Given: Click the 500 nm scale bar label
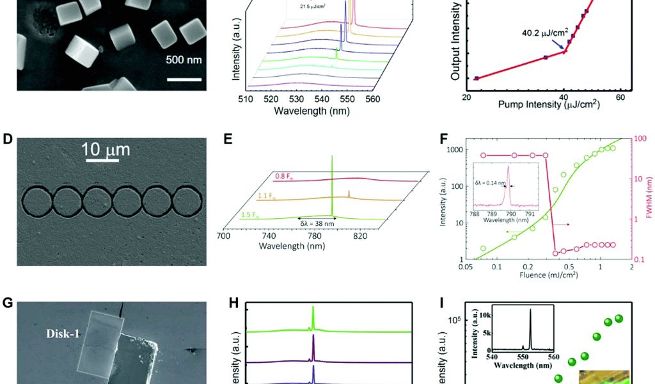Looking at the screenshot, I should [x=184, y=61].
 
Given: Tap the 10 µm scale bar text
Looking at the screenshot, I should [x=106, y=150].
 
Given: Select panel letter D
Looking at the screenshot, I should [x=8, y=138].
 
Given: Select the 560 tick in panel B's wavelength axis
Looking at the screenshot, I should [x=372, y=99].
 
